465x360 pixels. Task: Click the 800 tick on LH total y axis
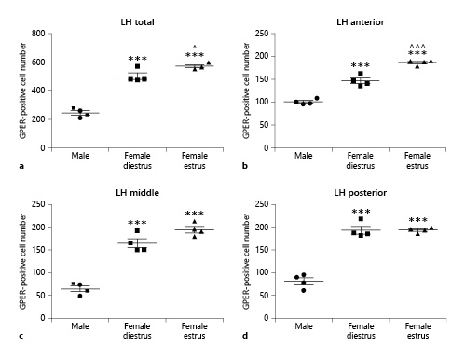click(x=38, y=34)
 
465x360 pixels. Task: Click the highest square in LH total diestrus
click(x=137, y=66)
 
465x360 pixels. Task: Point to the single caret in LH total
click(x=195, y=48)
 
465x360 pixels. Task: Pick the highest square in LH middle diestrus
click(x=137, y=231)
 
